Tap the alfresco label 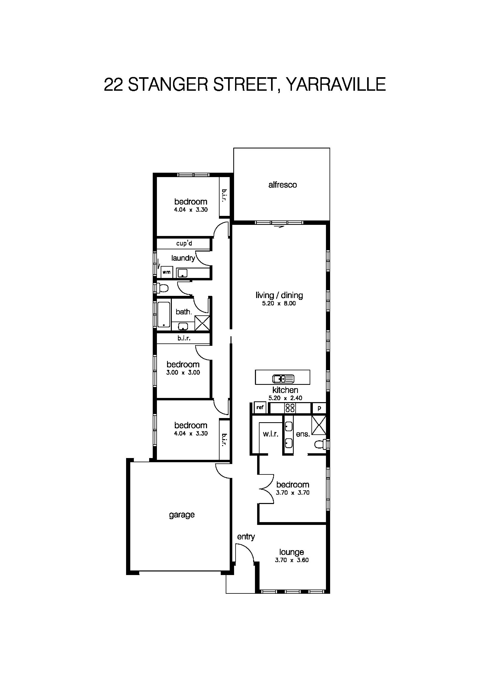[282, 185]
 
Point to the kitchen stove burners [290, 408]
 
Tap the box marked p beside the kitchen [319, 408]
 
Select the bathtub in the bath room [164, 314]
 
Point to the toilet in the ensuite [320, 445]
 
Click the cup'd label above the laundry [184, 244]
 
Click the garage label [182, 515]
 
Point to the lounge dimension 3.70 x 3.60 [291, 560]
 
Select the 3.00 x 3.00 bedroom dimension [183, 372]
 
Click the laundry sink [182, 273]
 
